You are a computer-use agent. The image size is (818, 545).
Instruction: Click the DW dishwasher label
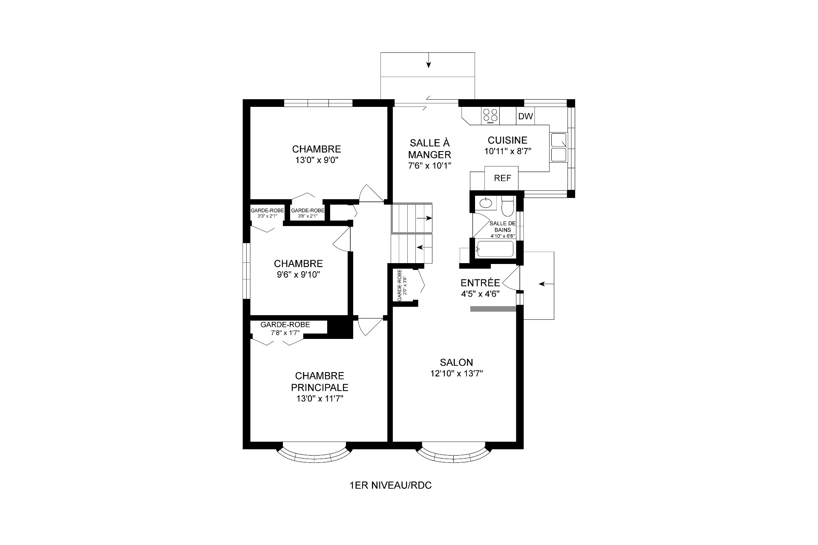525,116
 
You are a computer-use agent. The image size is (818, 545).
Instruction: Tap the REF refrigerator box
502,178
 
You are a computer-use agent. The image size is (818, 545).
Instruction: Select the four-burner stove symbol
490,116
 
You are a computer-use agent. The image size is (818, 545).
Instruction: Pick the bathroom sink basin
485,203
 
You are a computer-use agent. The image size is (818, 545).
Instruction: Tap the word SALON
456,362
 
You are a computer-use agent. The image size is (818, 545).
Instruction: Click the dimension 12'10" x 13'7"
456,374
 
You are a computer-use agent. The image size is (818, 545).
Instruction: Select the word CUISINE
507,140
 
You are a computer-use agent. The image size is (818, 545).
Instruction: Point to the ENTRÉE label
480,283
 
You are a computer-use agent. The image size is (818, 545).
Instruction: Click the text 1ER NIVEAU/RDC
390,485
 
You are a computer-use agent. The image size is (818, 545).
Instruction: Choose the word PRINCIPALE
320,387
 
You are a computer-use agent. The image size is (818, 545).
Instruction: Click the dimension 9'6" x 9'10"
298,275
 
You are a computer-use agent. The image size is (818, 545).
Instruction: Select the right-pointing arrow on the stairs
424,218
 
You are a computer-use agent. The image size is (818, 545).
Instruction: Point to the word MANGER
429,154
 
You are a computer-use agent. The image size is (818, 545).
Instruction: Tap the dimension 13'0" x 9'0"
316,160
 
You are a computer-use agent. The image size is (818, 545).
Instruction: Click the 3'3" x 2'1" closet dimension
267,216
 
